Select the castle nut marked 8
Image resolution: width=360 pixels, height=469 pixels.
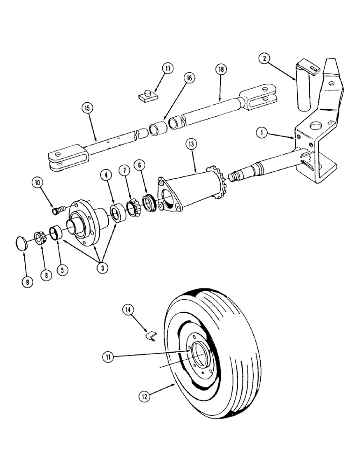[39, 237]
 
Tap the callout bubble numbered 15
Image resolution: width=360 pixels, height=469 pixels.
[86, 108]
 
